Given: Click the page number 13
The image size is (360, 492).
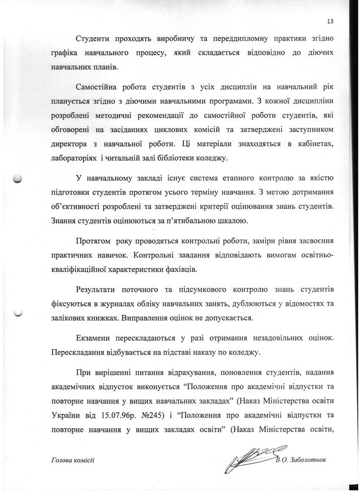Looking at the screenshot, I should coord(330,21).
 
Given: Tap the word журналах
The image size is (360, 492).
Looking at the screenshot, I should coord(113,303).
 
